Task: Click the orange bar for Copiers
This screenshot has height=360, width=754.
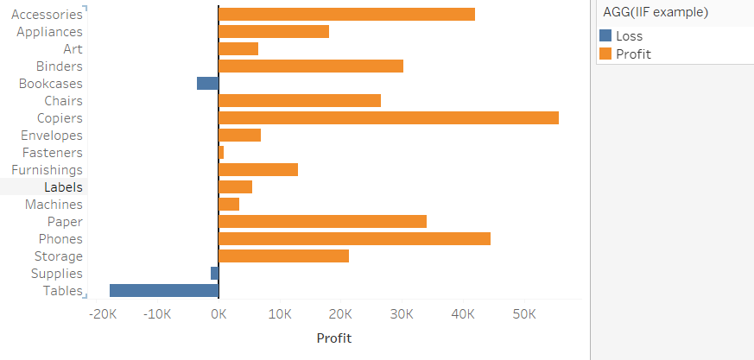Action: point(389,118)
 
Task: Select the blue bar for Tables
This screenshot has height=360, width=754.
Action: point(164,291)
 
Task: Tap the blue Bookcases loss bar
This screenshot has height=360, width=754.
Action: point(207,84)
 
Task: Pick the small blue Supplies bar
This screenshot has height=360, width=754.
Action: point(214,274)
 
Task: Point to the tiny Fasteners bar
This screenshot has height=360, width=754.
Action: point(221,153)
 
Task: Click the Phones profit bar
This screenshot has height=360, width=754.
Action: point(354,239)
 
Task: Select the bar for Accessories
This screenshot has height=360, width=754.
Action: point(346,15)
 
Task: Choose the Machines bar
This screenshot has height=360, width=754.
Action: point(229,205)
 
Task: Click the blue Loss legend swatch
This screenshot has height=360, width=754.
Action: point(605,36)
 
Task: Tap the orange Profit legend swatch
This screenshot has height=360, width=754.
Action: point(605,54)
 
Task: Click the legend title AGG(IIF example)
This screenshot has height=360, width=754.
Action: point(656,12)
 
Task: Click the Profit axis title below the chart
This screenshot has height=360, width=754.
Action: point(334,338)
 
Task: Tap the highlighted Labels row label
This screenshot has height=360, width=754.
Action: point(63,187)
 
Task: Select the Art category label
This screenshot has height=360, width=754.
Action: point(73,49)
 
